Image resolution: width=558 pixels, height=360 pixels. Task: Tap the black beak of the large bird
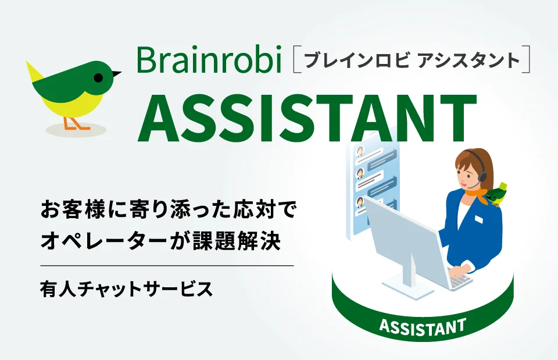116,74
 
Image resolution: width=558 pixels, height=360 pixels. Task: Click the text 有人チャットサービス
126,288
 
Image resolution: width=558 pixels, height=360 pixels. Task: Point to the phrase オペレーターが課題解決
161,241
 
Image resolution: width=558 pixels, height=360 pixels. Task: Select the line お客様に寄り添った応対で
168,209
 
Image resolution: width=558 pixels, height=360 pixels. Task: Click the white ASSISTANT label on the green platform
422,326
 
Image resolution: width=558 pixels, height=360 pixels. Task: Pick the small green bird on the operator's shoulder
498,194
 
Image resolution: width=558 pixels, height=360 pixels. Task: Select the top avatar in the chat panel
360,152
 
